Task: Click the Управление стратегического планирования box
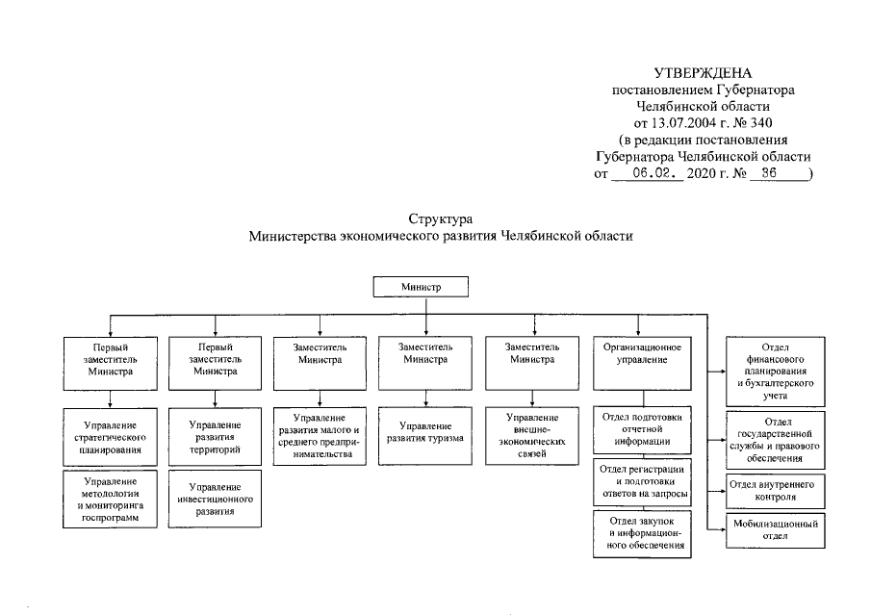[109, 436]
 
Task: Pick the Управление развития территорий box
[215, 436]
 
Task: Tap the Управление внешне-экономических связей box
[532, 436]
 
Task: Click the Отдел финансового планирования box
[775, 371]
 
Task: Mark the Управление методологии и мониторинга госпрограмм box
[109, 499]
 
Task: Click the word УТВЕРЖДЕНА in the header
[702, 73]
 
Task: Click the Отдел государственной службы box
[775, 436]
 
